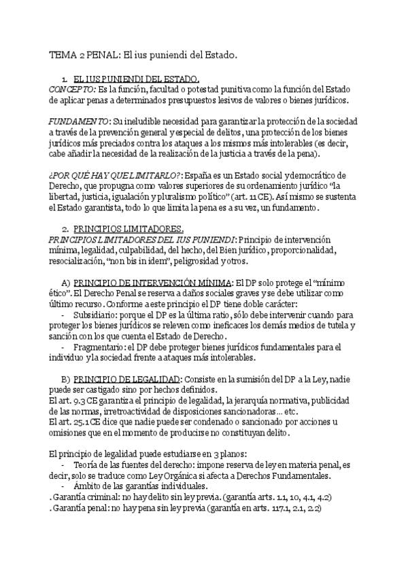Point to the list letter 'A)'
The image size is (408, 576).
66,281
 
